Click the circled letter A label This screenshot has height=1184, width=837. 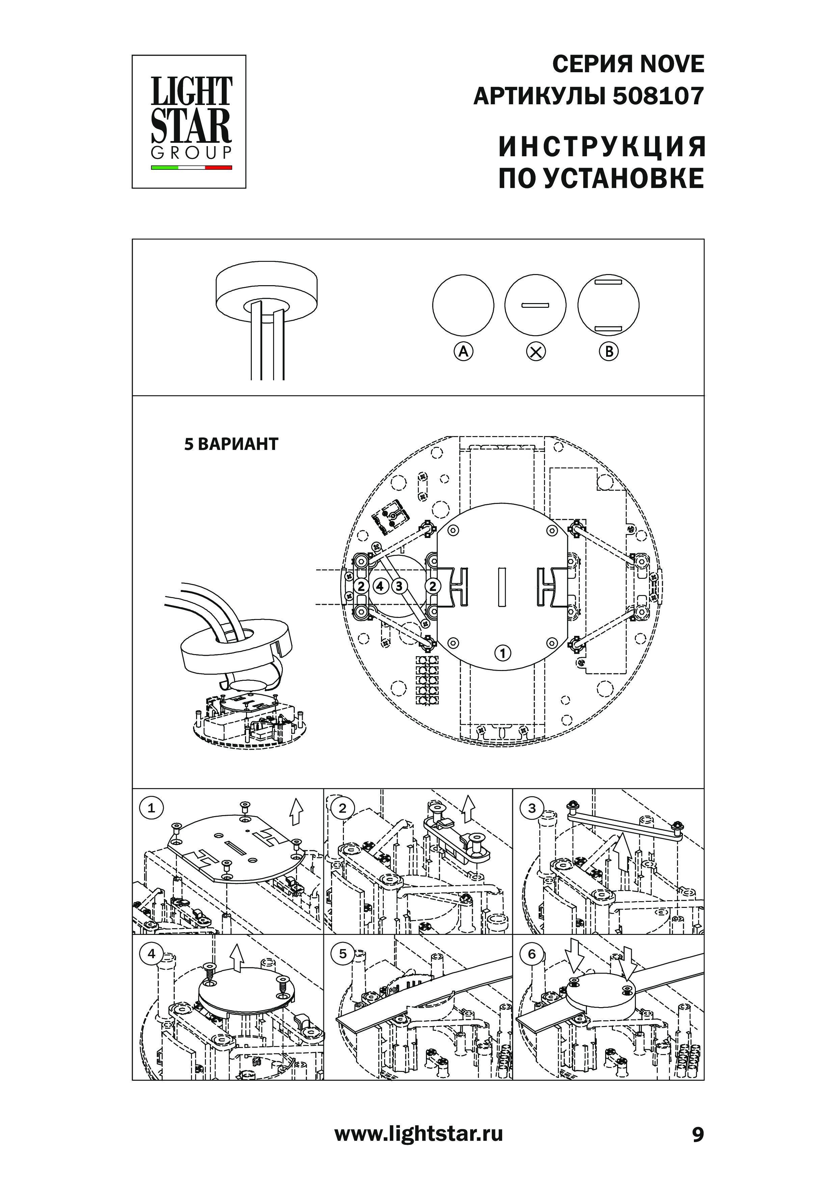tap(463, 352)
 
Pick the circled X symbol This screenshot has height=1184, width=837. tap(536, 352)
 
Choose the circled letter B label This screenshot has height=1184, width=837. tap(609, 352)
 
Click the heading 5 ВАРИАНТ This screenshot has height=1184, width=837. tap(231, 444)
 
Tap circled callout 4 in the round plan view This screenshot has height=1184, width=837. tap(380, 586)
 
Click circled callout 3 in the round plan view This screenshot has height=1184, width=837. tap(399, 586)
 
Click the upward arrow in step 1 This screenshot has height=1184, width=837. tap(296, 812)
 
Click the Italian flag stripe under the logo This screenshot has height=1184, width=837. tap(191, 168)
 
